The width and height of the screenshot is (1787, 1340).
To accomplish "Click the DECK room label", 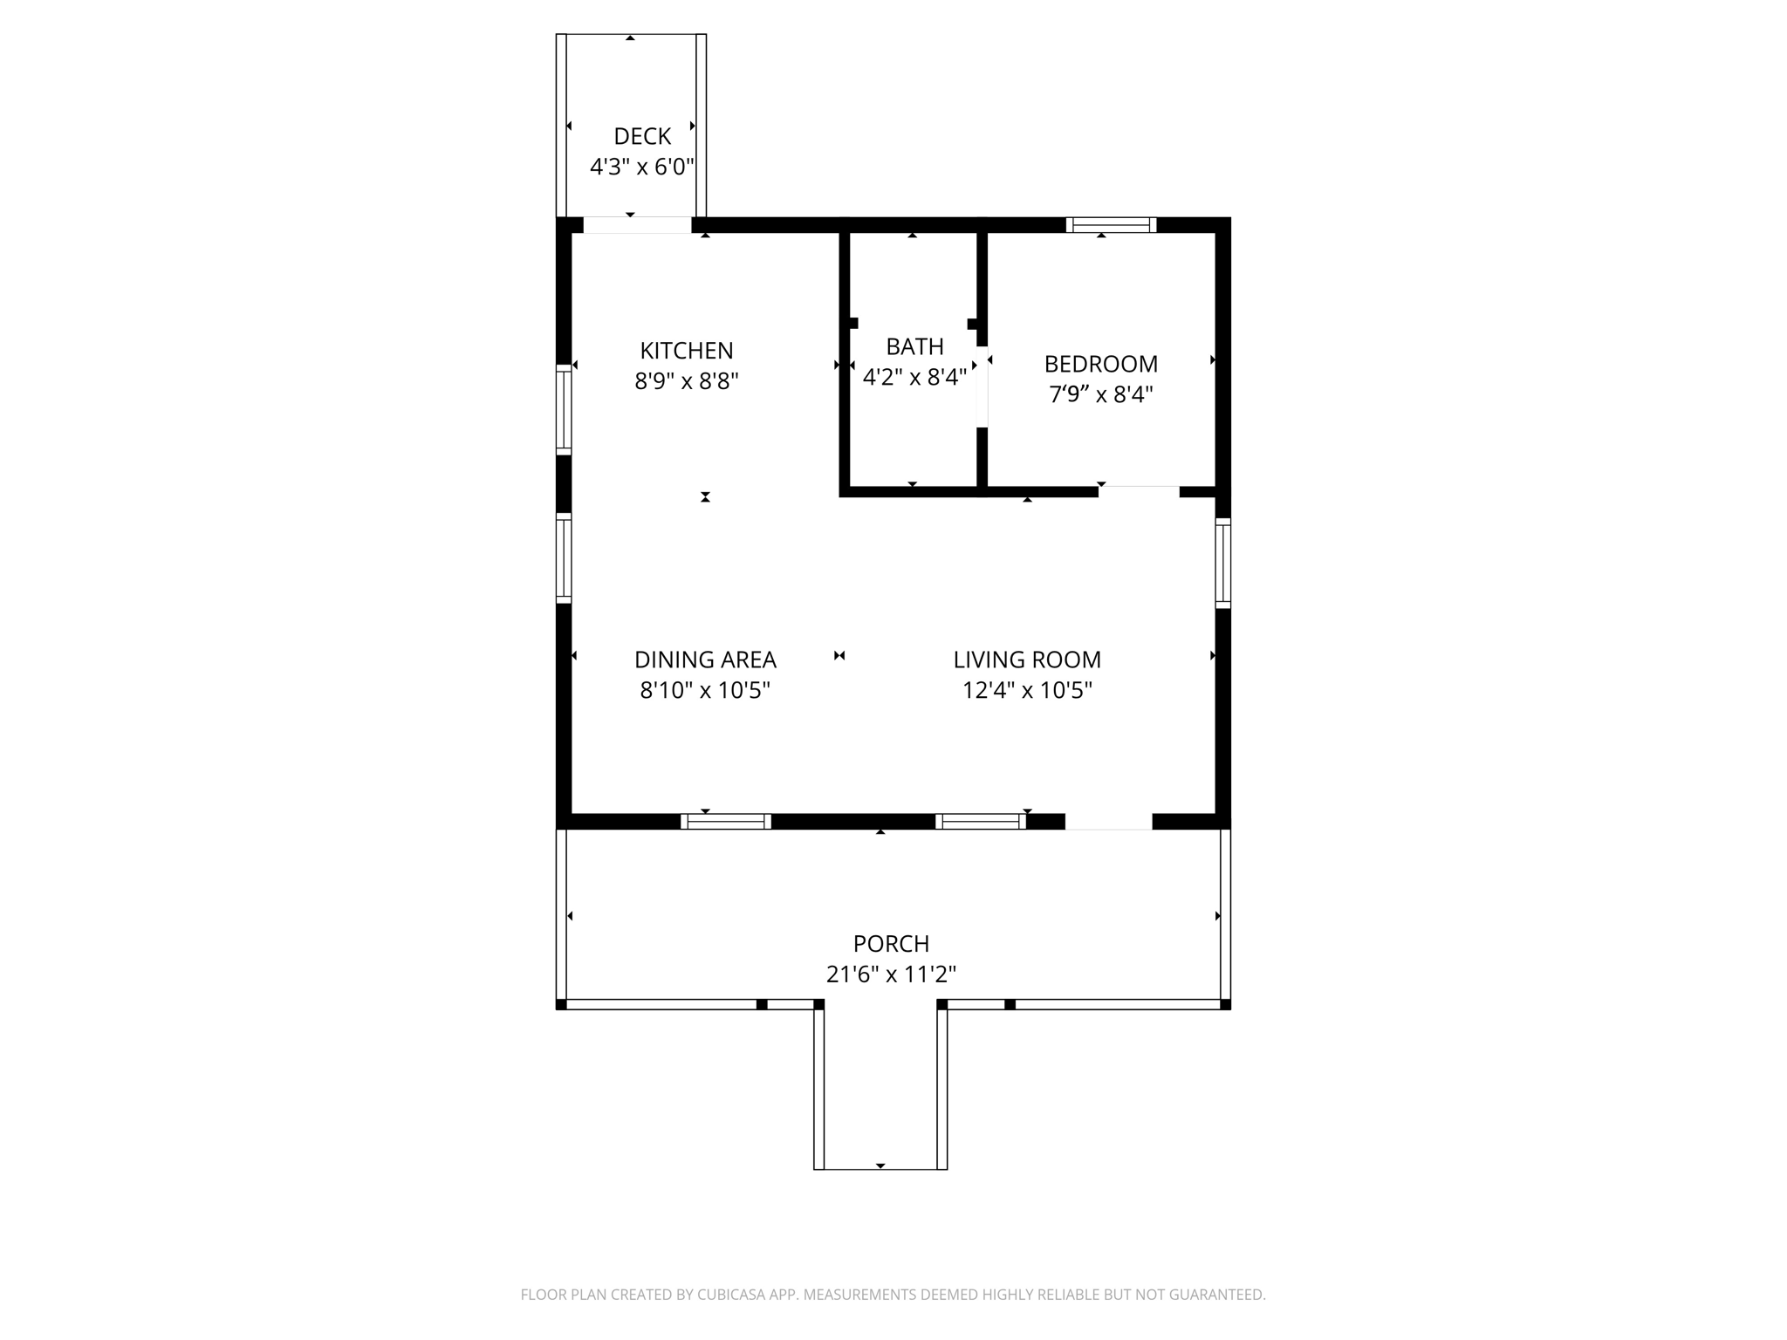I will pyautogui.click(x=642, y=136).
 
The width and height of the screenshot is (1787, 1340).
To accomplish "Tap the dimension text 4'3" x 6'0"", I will pyautogui.click(x=642, y=167).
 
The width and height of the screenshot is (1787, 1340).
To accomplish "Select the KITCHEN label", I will pyautogui.click(x=687, y=351).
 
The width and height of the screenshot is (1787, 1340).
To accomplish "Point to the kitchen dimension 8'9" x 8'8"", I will pyautogui.click(x=687, y=381).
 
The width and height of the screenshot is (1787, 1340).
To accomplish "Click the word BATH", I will pyautogui.click(x=914, y=347).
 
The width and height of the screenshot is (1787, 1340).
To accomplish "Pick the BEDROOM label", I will pyautogui.click(x=1101, y=364).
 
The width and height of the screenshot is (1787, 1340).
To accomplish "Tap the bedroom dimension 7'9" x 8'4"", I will pyautogui.click(x=1101, y=394).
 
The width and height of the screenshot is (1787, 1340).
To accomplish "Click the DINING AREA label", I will pyautogui.click(x=705, y=660).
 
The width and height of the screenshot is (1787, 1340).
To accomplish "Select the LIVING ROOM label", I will pyautogui.click(x=1027, y=660).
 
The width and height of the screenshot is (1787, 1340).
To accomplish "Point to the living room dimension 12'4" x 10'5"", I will pyautogui.click(x=1027, y=691).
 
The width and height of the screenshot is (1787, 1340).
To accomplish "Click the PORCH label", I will pyautogui.click(x=891, y=944).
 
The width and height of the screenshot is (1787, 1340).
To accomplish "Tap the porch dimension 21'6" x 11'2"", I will pyautogui.click(x=891, y=974).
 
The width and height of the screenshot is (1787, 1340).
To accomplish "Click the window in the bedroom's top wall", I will pyautogui.click(x=1111, y=225).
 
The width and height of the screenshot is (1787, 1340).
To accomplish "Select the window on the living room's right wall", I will pyautogui.click(x=1223, y=563).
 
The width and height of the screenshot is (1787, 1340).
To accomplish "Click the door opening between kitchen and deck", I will pyautogui.click(x=637, y=225).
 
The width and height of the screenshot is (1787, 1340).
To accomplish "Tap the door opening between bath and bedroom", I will pyautogui.click(x=983, y=386).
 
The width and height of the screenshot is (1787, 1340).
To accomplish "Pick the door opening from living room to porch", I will pyautogui.click(x=1108, y=822).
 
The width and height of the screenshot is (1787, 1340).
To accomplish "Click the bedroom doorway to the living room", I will pyautogui.click(x=1139, y=491).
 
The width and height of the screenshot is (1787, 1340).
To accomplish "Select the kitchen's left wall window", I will pyautogui.click(x=564, y=409).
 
